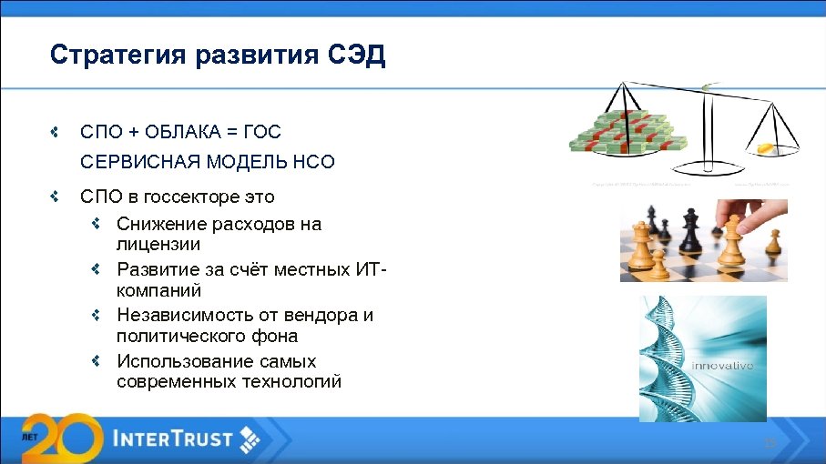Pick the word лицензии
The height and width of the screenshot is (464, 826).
pyautogui.click(x=158, y=245)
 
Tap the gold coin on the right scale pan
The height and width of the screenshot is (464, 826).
pyautogui.click(x=762, y=148)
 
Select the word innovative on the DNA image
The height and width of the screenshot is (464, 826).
pyautogui.click(x=723, y=366)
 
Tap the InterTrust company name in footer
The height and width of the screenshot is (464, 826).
pyautogui.click(x=173, y=439)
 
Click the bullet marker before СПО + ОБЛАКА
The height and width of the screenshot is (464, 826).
pyautogui.click(x=56, y=132)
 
